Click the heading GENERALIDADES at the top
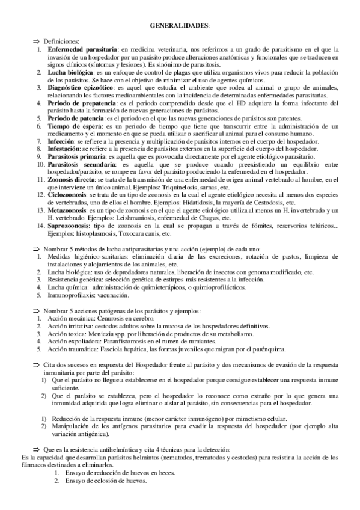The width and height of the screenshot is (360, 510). pyautogui.click(x=180, y=26)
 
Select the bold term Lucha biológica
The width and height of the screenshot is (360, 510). pyautogui.click(x=70, y=72)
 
